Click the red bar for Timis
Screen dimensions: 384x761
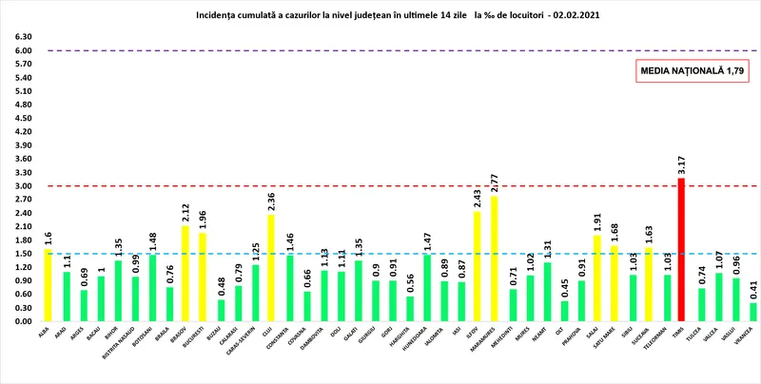tap(681, 249)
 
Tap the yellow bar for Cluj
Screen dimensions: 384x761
tap(270, 268)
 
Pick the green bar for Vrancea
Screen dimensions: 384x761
tap(753, 312)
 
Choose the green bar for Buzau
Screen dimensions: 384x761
tap(221, 310)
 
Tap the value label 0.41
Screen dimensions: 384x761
tap(753, 290)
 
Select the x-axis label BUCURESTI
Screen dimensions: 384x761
tap(202, 341)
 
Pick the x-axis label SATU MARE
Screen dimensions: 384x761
tap(613, 341)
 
